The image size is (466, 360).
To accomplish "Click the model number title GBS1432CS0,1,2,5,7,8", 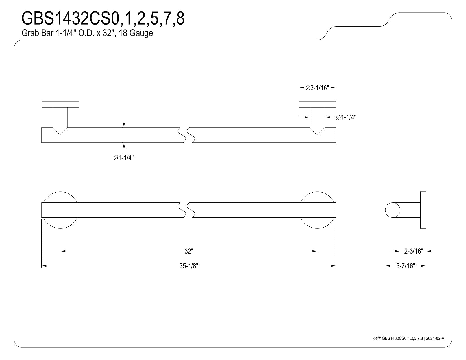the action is [103, 19].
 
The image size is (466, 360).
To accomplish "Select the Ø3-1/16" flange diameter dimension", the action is [317, 88].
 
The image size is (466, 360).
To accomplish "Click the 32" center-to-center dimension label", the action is [189, 251].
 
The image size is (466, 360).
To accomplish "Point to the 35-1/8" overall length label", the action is [189, 266].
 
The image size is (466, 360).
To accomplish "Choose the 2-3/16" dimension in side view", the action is [413, 251].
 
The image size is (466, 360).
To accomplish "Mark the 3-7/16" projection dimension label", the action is [406, 266].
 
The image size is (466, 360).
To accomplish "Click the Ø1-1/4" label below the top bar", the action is [123, 158].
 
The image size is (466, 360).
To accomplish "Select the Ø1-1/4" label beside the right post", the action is [346, 117].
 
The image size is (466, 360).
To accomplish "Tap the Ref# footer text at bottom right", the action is [408, 338].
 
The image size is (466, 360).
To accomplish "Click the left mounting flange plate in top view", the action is [60, 104].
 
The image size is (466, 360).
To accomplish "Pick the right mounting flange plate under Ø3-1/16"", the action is [317, 104].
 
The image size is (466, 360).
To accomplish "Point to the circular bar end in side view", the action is [393, 210].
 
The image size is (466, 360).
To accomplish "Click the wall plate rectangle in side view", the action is [423, 210].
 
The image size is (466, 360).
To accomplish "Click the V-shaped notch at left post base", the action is [60, 131].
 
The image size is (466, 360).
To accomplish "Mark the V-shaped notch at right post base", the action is [317, 131].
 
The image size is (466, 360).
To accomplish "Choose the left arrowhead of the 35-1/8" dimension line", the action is [44, 266].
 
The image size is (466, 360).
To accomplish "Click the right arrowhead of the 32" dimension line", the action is [315, 251].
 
